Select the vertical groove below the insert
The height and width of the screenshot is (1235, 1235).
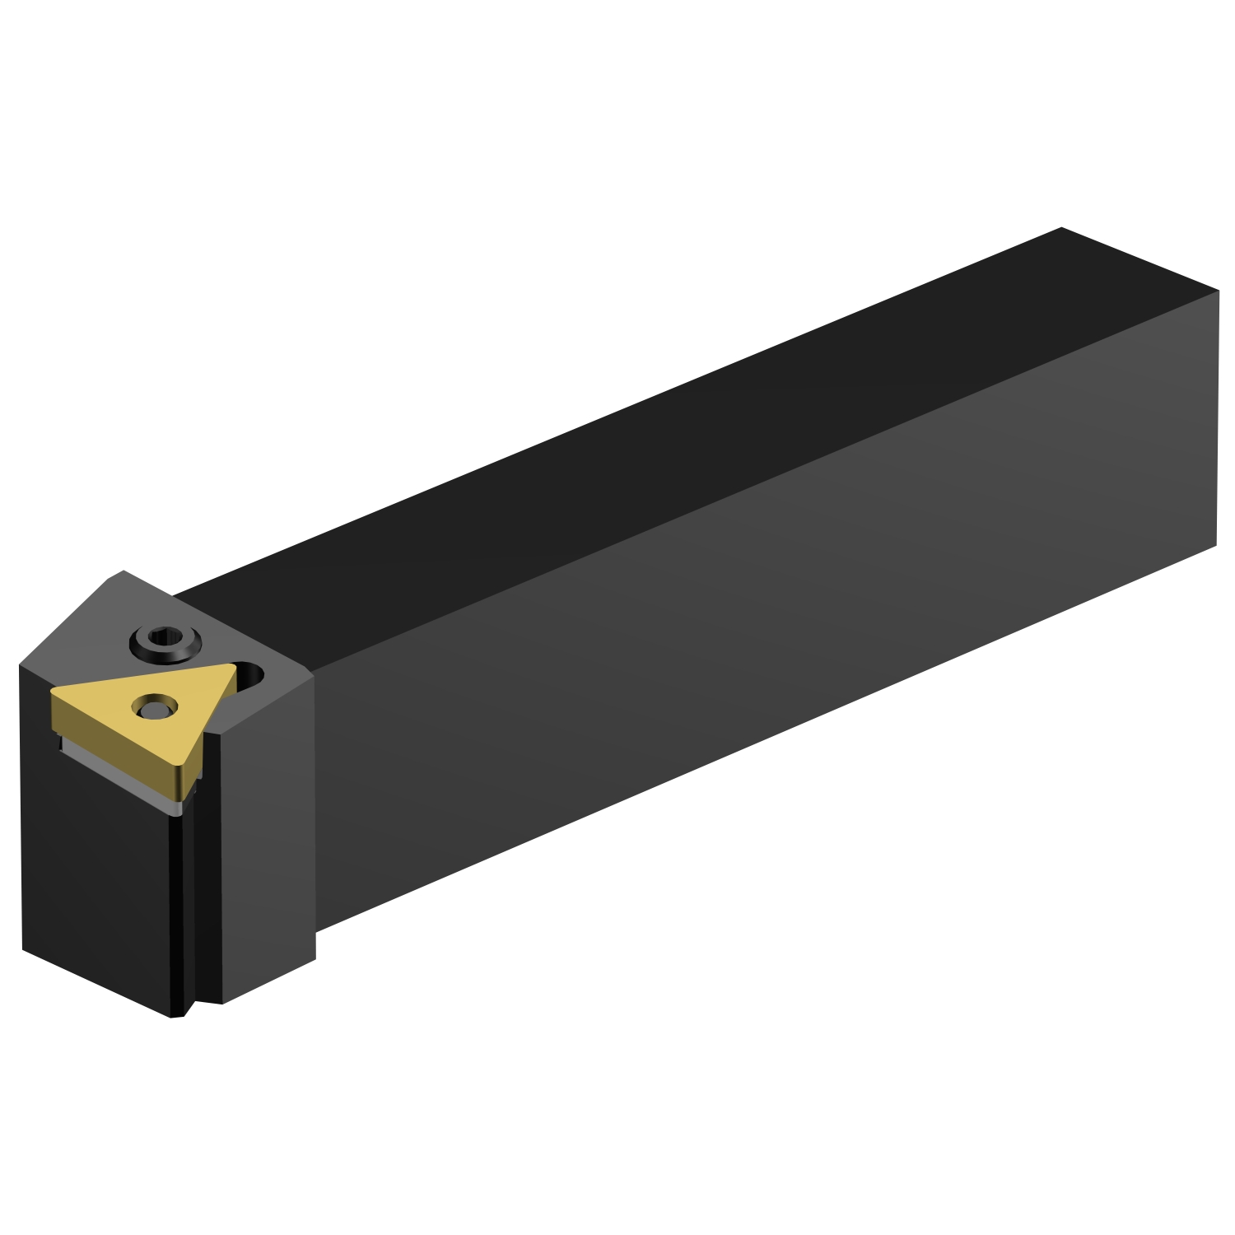tap(183, 906)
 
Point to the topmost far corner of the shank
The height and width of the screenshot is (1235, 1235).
tap(1061, 228)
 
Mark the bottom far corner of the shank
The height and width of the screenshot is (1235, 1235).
tap(1216, 544)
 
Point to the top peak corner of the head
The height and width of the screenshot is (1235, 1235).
tap(123, 571)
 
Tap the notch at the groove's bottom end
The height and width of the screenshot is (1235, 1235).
tap(187, 1009)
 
